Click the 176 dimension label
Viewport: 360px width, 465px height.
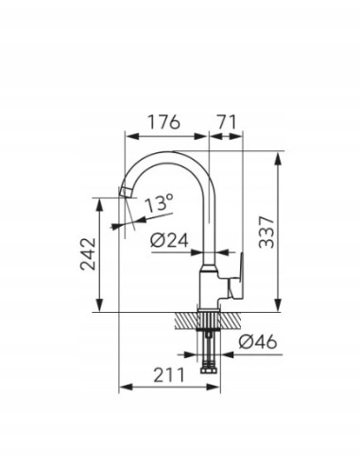163,122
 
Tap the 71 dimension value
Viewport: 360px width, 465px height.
227,122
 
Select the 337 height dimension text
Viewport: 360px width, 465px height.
266,232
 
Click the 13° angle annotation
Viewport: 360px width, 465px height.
159,203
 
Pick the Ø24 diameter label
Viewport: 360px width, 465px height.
169,241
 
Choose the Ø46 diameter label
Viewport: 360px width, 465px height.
258,341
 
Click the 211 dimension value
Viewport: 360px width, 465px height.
168,375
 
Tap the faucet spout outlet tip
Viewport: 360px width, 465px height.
125,192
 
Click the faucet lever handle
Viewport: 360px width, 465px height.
236,277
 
